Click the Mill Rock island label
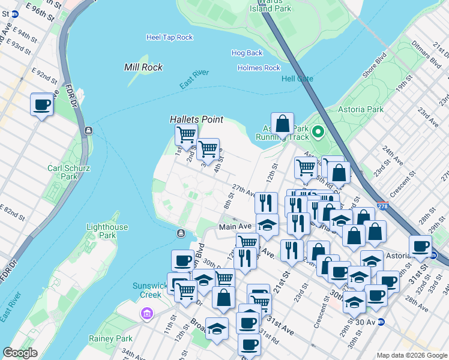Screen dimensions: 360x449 [x=143, y=67]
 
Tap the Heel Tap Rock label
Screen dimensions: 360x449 [x=169, y=37]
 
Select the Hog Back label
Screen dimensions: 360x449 [x=247, y=53]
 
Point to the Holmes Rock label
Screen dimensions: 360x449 [x=259, y=68]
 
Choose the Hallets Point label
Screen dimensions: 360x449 [x=196, y=120]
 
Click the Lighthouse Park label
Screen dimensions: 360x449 [x=107, y=231]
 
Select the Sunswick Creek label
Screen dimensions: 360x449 [x=147, y=290]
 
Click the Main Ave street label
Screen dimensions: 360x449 [x=235, y=227]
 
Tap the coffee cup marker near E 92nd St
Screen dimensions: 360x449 [x=41, y=104]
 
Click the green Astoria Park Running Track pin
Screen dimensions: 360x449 [x=318, y=132]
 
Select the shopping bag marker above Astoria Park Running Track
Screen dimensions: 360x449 [x=282, y=125]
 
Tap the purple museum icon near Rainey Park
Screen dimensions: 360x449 [x=146, y=313]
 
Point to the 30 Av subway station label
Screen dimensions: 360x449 [x=369, y=322]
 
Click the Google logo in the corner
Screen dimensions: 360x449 [x=20, y=353]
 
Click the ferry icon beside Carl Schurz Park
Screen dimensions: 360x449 [x=88, y=130]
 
